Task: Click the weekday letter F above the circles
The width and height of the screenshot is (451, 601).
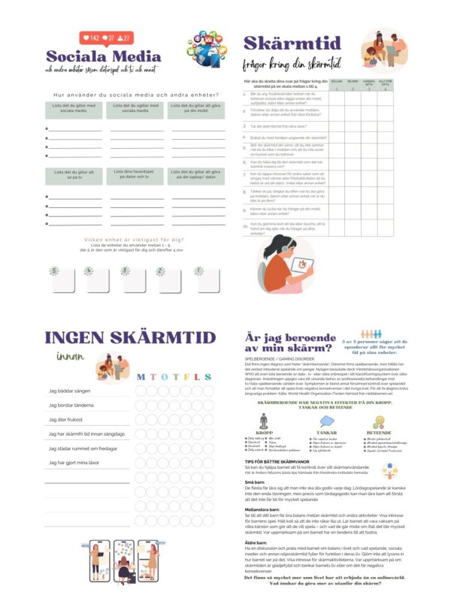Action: point(184,377)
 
